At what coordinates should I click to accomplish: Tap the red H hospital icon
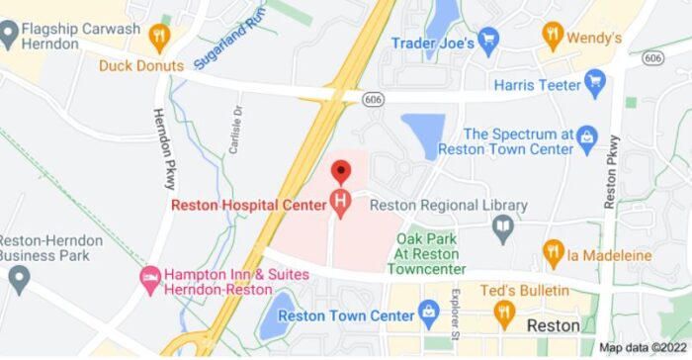click(342, 206)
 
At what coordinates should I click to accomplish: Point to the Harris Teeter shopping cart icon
click(594, 85)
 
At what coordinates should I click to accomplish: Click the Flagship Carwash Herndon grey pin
click(11, 36)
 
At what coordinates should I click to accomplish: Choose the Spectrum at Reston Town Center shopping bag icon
click(586, 135)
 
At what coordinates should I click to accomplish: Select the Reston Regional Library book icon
click(503, 229)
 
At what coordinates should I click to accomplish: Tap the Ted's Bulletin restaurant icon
click(505, 314)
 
